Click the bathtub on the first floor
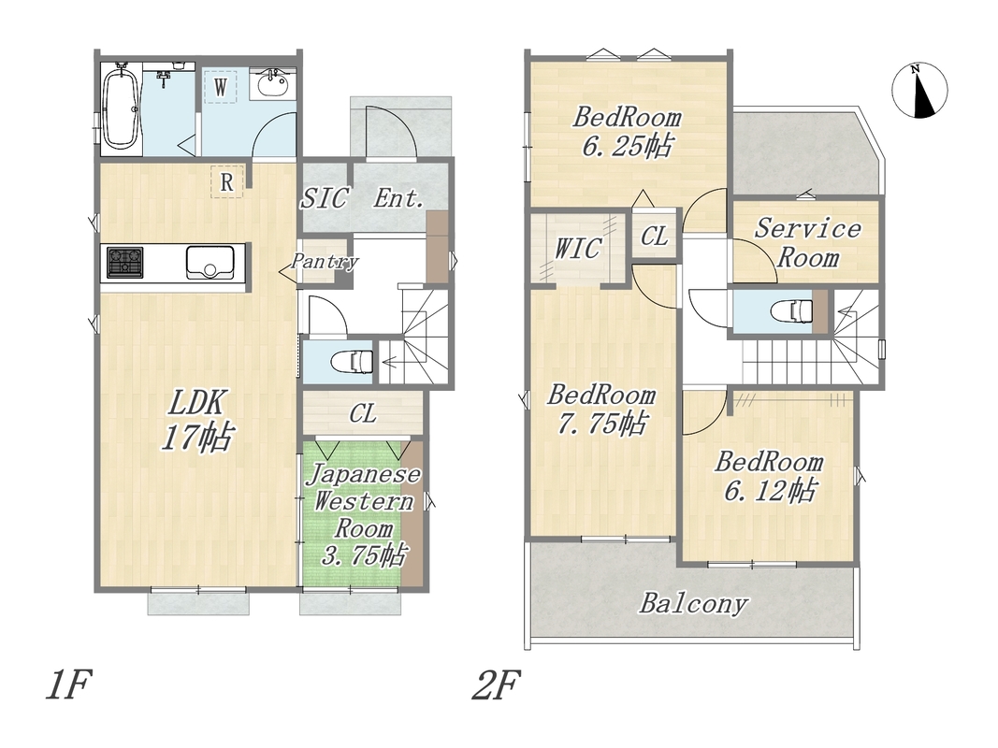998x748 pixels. click(x=121, y=108)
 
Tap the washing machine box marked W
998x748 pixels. click(x=220, y=87)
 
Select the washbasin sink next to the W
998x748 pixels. click(x=273, y=83)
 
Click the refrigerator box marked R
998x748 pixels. click(x=227, y=182)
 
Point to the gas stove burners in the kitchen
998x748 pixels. click(x=124, y=262)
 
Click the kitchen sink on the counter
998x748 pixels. click(x=210, y=262)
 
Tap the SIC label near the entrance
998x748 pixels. click(x=325, y=198)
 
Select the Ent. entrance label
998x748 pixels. click(x=398, y=198)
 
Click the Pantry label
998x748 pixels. click(x=325, y=262)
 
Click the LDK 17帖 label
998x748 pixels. click(x=197, y=421)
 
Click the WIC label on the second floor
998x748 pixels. click(x=577, y=248)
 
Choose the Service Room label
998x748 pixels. click(x=808, y=243)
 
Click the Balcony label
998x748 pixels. click(x=693, y=603)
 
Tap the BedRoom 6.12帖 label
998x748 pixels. click(x=769, y=477)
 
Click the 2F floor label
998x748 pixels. click(x=496, y=684)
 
